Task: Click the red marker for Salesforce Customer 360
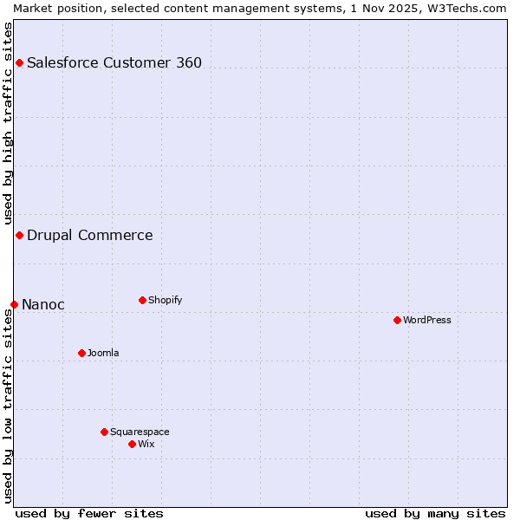19,62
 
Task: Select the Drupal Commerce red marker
19,235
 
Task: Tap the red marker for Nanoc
14,304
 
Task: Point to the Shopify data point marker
142,300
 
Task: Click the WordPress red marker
397,320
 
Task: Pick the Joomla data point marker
81,353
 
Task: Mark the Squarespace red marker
104,432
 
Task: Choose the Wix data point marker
132,444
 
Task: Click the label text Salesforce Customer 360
114,62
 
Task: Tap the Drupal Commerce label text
90,235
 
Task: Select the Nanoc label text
43,304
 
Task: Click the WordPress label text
427,320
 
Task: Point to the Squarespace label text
140,432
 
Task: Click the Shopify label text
165,300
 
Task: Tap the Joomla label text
103,353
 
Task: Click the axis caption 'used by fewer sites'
89,513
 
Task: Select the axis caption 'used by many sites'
435,513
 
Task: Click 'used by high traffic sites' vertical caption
8,123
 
